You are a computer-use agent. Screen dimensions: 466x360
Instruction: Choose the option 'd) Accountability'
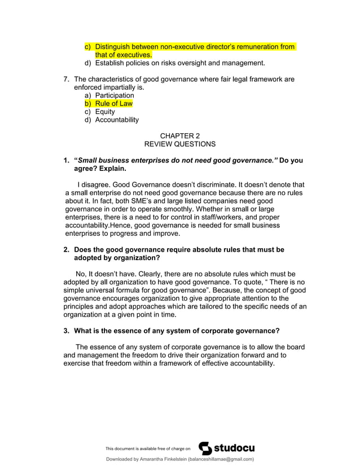point(111,120)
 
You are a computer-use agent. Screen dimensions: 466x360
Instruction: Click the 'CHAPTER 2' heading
point(180,136)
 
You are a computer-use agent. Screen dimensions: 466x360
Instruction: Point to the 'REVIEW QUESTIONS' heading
point(180,144)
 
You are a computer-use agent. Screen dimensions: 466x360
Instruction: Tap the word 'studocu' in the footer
point(234,448)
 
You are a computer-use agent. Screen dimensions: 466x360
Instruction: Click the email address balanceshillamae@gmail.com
point(221,459)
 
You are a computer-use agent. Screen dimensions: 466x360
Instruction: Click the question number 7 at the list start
point(67,80)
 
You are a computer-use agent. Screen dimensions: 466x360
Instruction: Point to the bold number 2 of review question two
point(66,249)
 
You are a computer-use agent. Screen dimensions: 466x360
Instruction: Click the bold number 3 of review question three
point(66,331)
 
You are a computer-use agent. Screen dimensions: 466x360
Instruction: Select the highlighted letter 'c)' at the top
point(88,47)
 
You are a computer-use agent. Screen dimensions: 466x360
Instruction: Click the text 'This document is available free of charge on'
point(148,449)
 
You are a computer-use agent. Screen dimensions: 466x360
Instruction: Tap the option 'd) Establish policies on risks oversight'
point(174,63)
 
